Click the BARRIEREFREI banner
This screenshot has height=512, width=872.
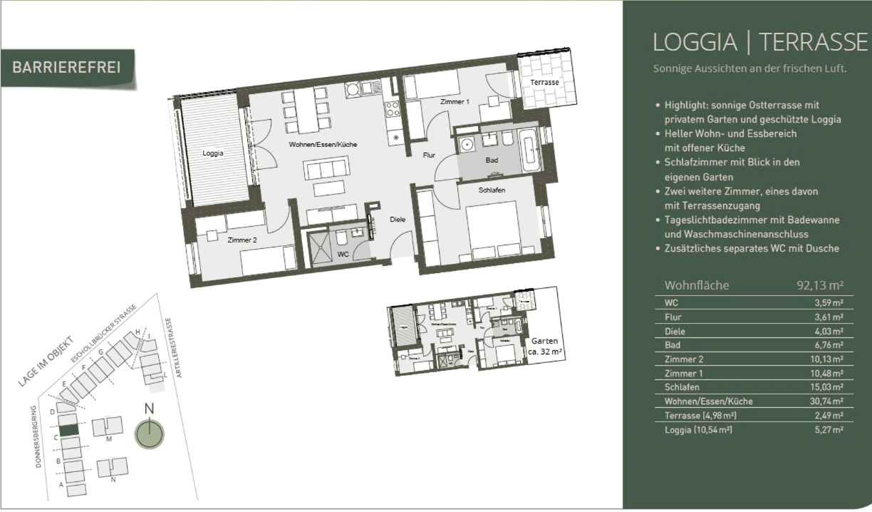66,68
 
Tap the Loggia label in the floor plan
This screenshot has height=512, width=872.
212,153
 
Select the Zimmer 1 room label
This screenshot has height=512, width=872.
455,102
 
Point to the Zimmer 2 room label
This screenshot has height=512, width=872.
242,240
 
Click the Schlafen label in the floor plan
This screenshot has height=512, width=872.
492,190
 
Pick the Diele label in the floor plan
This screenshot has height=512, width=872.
398,220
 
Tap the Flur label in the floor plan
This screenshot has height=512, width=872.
429,155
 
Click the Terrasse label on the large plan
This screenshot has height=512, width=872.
544,83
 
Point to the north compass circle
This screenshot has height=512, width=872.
150,434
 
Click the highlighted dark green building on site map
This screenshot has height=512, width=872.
68,430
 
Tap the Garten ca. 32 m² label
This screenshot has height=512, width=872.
544,347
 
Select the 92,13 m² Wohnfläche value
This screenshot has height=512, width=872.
819,285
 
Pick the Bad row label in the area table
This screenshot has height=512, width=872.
672,345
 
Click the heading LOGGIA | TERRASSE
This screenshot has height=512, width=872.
759,43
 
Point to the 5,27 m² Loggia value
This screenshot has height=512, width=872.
829,430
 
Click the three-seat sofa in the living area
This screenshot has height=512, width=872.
326,170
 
